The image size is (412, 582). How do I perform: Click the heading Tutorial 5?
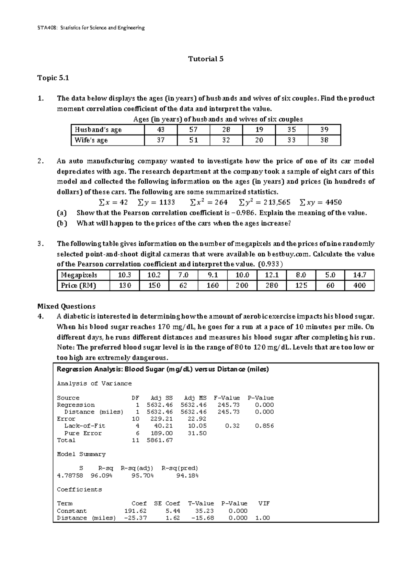[x=206, y=59]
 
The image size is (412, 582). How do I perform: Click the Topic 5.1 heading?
[x=53, y=78]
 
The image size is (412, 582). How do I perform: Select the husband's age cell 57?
[x=194, y=130]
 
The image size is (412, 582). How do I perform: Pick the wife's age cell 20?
[x=259, y=140]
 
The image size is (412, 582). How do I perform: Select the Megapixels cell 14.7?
[x=359, y=275]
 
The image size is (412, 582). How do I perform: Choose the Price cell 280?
[x=272, y=286]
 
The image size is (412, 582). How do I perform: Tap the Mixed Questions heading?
[x=66, y=306]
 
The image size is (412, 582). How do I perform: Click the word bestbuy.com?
[x=288, y=254]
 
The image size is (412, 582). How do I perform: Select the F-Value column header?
[x=227, y=398]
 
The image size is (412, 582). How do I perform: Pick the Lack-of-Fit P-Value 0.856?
[x=264, y=426]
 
